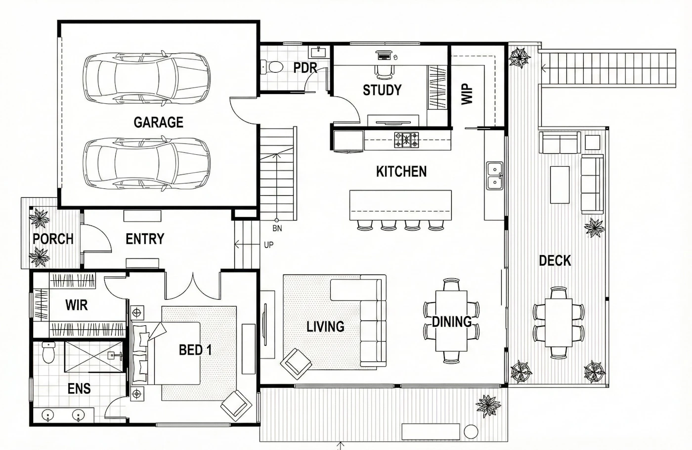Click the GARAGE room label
(159, 123)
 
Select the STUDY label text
(382, 90)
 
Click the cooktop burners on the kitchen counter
(406, 139)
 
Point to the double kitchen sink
(495, 176)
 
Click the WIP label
(467, 94)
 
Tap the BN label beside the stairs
(277, 228)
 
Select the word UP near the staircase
(268, 245)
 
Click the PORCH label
(53, 239)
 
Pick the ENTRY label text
(145, 239)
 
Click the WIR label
(76, 306)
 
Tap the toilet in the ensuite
(48, 353)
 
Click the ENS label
(79, 389)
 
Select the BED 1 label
(195, 350)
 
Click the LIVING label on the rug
(325, 327)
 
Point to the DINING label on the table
(451, 322)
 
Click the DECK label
(555, 261)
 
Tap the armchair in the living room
(296, 364)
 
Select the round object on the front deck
(471, 432)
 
